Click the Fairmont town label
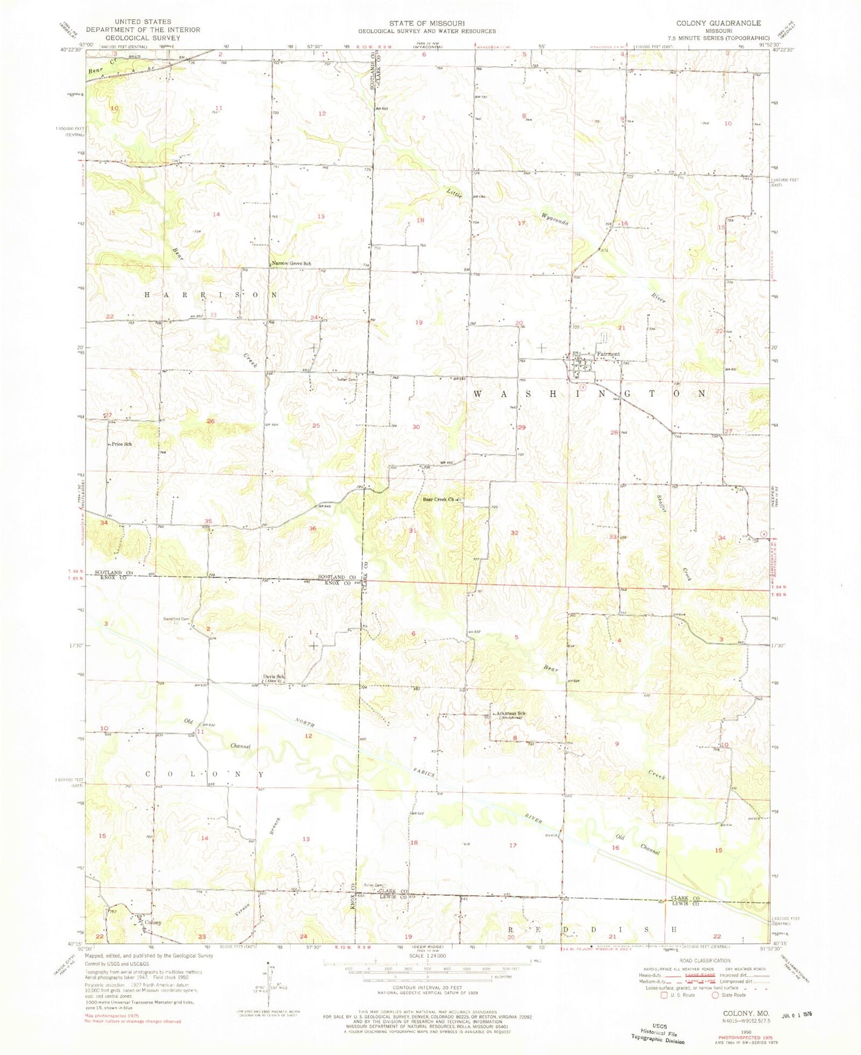point(608,354)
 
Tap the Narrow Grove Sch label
point(291,263)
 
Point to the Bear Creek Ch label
point(439,499)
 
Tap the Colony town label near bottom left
point(153,922)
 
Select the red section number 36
point(312,529)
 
